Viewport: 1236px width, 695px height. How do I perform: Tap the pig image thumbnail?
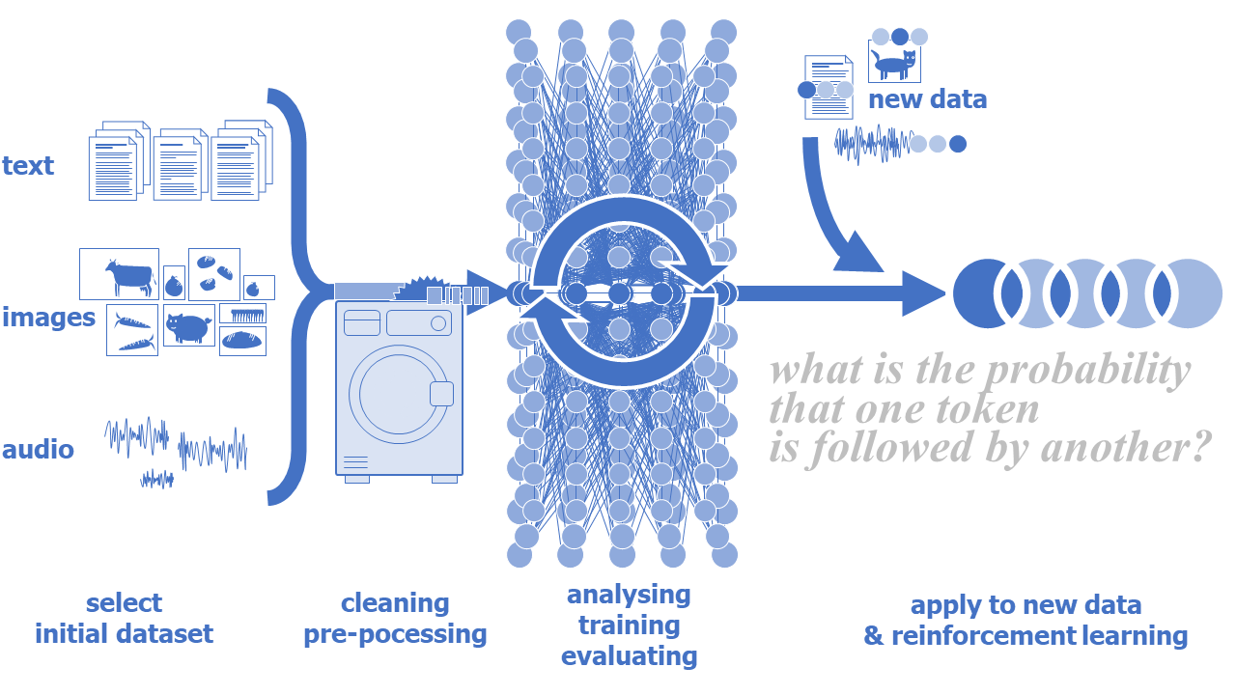[188, 325]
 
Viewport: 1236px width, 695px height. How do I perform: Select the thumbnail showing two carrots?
[132, 331]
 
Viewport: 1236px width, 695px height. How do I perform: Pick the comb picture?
[242, 314]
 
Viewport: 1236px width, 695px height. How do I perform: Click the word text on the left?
[28, 166]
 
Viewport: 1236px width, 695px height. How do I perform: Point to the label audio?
[38, 450]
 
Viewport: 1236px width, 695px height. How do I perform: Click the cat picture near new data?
[894, 64]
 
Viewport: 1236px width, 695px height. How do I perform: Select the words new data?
[927, 99]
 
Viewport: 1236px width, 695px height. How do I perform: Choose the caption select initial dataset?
[124, 619]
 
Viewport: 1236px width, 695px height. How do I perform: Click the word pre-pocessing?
[395, 634]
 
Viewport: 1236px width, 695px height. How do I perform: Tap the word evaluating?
[629, 657]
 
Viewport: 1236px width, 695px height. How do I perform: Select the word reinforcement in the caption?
[982, 637]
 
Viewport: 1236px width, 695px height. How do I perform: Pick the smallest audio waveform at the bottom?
[156, 478]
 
